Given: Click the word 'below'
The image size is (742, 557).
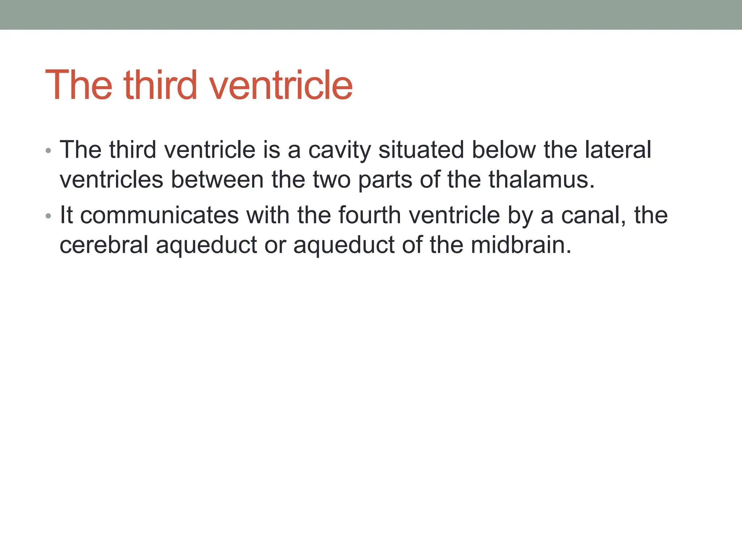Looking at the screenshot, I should pyautogui.click(x=504, y=150).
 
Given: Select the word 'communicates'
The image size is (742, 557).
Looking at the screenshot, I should pyautogui.click(x=159, y=215).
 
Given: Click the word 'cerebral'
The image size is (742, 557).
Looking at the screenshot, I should pyautogui.click(x=104, y=245).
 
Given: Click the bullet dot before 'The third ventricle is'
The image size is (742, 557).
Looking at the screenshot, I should pyautogui.click(x=49, y=150).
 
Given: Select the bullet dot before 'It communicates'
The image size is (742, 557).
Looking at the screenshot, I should pyautogui.click(x=49, y=216).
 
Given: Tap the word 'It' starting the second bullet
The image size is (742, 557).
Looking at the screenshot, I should pyautogui.click(x=66, y=215).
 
